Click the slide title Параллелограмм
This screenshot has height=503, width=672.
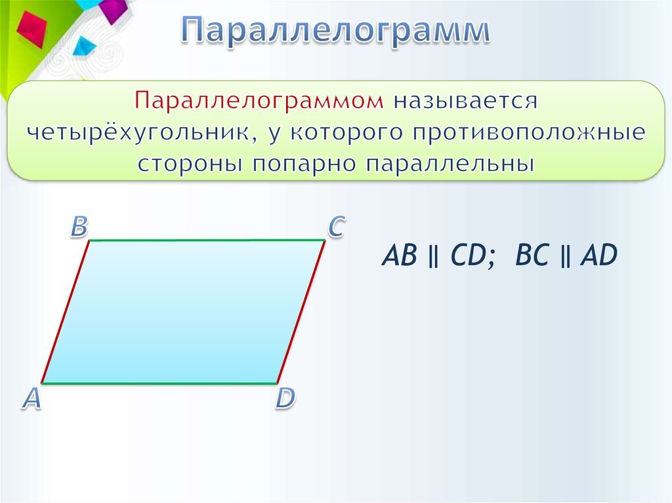pyautogui.click(x=335, y=30)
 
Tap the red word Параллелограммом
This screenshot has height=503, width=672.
pyautogui.click(x=259, y=102)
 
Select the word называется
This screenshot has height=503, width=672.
pyautogui.click(x=465, y=102)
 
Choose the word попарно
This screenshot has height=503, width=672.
pyautogui.click(x=304, y=165)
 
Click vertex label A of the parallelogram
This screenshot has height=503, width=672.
pyautogui.click(x=31, y=399)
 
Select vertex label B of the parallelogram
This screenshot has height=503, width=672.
pyautogui.click(x=79, y=226)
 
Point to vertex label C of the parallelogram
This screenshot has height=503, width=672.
pyautogui.click(x=337, y=226)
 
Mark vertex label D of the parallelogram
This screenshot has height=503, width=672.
pyautogui.click(x=285, y=399)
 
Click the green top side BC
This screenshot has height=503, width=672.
pyautogui.click(x=207, y=241)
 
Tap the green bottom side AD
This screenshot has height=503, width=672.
pyautogui.click(x=159, y=382)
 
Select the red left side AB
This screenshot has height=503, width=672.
pyautogui.click(x=65, y=312)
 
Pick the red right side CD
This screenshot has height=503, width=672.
pyautogui.click(x=301, y=312)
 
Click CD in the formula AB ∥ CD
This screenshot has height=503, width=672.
pyautogui.click(x=467, y=255)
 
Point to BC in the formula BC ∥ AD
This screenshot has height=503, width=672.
pyautogui.click(x=532, y=255)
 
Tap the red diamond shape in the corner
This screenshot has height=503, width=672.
pyautogui.click(x=31, y=29)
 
